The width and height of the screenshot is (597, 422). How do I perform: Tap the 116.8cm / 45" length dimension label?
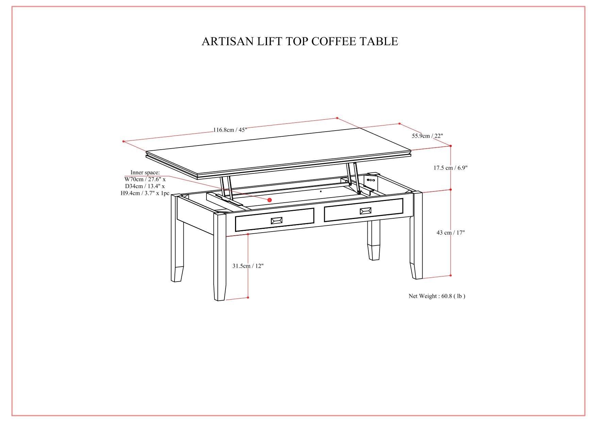230,130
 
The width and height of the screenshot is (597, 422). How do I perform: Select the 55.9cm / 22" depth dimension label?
427,136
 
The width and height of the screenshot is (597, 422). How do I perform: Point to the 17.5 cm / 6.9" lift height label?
450,168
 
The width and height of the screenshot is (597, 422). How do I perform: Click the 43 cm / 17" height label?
450,233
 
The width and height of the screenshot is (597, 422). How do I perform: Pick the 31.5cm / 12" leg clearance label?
248,266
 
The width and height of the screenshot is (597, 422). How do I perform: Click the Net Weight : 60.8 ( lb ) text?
437,296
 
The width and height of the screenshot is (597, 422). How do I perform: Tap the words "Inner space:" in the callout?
145,173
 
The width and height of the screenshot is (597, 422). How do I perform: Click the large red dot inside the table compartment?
270,200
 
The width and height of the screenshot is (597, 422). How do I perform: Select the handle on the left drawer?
277,221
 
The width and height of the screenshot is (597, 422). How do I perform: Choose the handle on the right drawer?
365,211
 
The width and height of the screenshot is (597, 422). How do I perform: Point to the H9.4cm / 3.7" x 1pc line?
145,193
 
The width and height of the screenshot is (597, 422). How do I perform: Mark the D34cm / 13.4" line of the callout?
145,186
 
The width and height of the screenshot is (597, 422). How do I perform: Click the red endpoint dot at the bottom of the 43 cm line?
451,275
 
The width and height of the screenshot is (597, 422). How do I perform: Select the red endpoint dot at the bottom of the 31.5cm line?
248,298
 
